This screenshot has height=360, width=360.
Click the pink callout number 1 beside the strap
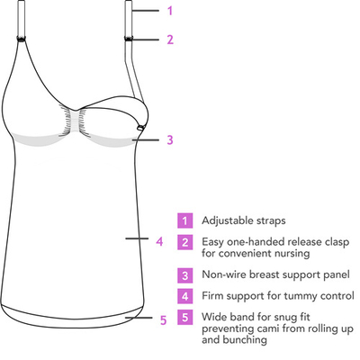tap(170, 11)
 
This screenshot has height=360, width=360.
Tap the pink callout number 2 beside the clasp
tap(170, 40)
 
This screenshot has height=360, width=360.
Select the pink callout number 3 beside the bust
tap(170, 139)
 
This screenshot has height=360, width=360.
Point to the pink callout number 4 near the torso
tap(159, 241)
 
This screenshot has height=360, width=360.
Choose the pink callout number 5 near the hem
tap(163, 320)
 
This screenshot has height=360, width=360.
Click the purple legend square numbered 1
tap(184, 220)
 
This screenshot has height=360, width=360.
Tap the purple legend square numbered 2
tap(184, 242)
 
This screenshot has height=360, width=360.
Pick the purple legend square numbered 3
tap(184, 275)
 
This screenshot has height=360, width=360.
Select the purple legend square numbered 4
tap(184, 296)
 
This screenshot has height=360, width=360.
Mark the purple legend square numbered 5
tap(184, 317)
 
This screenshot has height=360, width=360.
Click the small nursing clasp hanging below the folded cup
tap(140, 128)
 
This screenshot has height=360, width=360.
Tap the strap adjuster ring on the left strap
tap(22, 39)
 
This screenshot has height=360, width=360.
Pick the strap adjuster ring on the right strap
tap(129, 39)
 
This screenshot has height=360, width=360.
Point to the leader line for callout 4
tap(137, 238)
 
